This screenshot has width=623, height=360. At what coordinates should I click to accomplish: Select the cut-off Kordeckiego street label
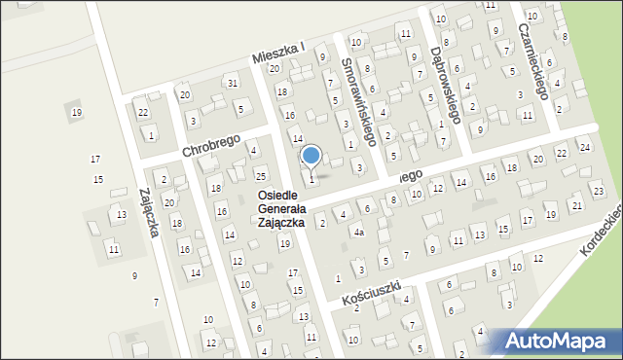(x=600, y=234)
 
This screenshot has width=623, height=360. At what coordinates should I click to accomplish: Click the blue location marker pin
(x=311, y=156)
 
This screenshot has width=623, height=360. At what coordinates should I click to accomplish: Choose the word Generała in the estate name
(x=283, y=208)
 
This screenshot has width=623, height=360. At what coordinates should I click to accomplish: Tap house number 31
(x=233, y=83)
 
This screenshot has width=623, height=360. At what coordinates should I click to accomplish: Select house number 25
(x=260, y=175)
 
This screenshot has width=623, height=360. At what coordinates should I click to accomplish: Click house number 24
(x=584, y=147)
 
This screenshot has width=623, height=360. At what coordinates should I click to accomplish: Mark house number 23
(x=598, y=190)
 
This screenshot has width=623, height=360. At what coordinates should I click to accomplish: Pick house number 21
(x=576, y=205)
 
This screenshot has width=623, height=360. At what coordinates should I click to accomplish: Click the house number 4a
(x=358, y=233)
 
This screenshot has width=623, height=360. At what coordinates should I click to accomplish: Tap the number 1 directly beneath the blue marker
(x=311, y=179)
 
